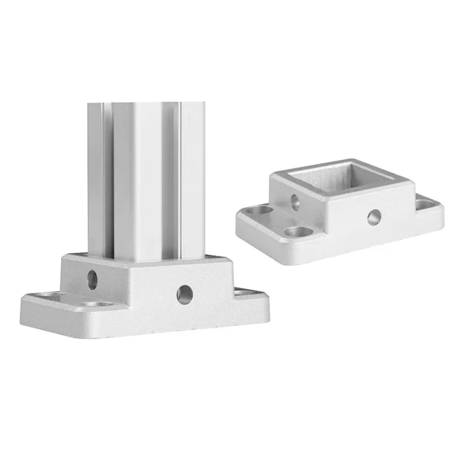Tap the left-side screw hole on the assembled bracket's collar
92,280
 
